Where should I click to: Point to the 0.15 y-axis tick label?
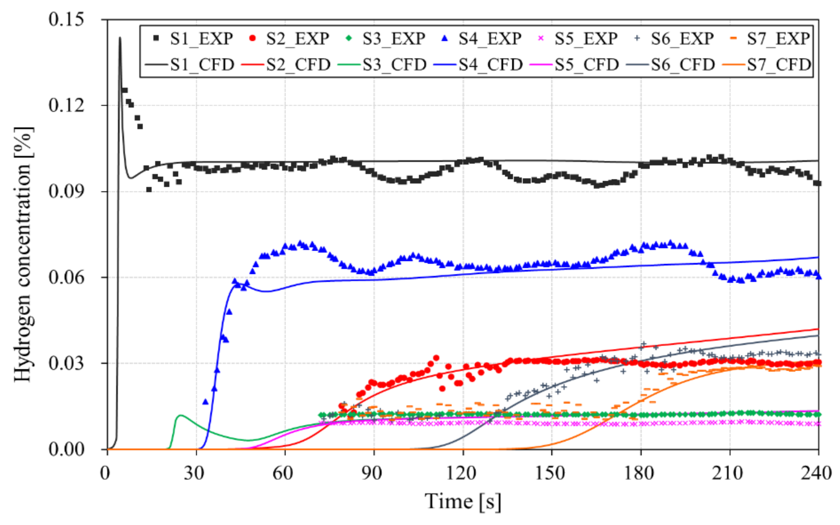[66, 19]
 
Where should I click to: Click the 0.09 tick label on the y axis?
[66, 191]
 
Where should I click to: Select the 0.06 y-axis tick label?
[66, 277]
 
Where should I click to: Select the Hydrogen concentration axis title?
[24, 254]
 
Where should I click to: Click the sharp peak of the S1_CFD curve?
[120, 38]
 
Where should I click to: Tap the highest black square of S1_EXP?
[124, 90]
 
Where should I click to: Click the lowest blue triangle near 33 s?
[205, 402]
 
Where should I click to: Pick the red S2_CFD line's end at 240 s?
[818, 329]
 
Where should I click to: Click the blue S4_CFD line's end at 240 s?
[818, 257]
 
